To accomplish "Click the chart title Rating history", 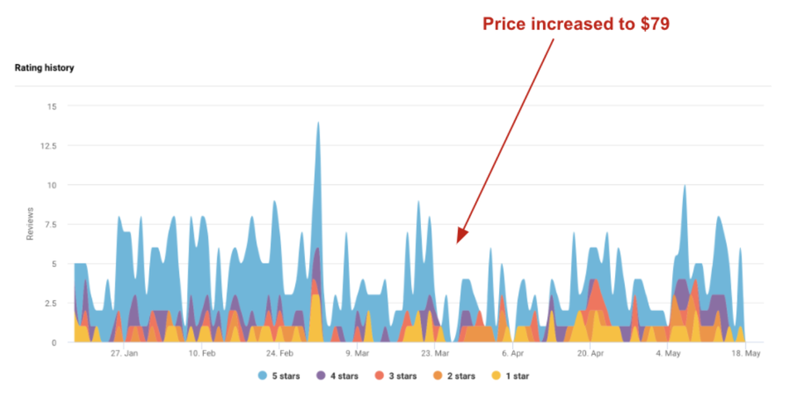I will tap(44, 68).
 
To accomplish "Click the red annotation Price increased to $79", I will tap(575, 24).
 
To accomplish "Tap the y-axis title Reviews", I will tap(30, 224).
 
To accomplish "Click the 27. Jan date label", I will tap(124, 354).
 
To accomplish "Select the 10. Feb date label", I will tap(202, 354).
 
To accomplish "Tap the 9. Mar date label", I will tap(357, 354).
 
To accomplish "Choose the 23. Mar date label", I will tap(435, 354).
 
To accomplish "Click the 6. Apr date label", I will tap(513, 354).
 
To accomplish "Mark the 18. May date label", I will tap(746, 354).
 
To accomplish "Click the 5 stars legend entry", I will tap(281, 376).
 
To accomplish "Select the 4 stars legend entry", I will tap(338, 376).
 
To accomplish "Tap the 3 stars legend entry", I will tap(395, 376).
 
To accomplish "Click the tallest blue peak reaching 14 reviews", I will tap(317, 123).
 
